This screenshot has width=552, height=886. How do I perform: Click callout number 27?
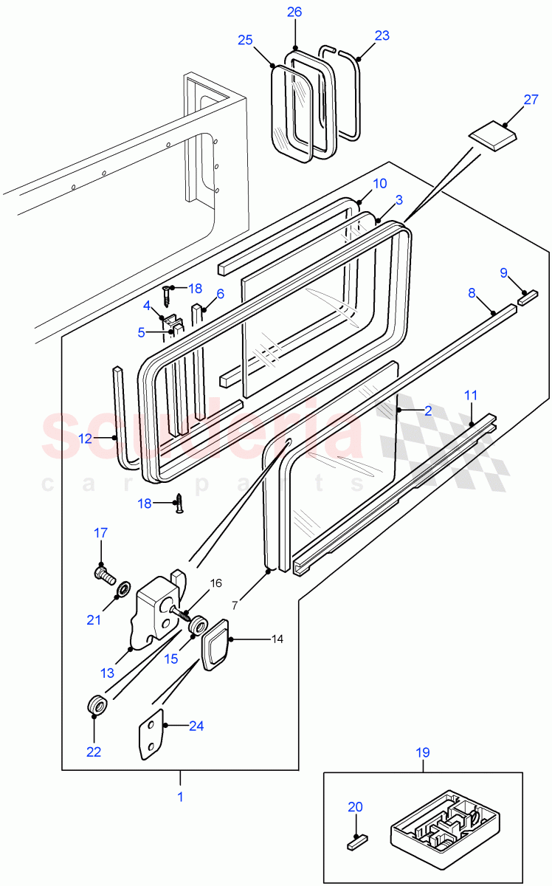pyautogui.click(x=531, y=100)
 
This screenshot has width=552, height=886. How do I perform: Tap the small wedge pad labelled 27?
pyautogui.click(x=492, y=137)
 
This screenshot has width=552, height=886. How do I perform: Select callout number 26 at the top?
pyautogui.click(x=294, y=12)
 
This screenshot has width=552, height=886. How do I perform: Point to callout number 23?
pyautogui.click(x=382, y=35)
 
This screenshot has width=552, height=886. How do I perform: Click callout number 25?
pyautogui.click(x=246, y=40)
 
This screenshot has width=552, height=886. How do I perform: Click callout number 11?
pyautogui.click(x=471, y=396)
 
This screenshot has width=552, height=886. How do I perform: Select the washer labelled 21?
pyautogui.click(x=123, y=588)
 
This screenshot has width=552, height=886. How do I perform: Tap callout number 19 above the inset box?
pyautogui.click(x=423, y=754)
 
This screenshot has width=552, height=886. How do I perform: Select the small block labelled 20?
pyautogui.click(x=358, y=840)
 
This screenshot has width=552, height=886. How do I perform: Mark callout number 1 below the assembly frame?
pyautogui.click(x=179, y=797)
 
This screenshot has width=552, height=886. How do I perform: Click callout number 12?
pyautogui.click(x=86, y=438)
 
